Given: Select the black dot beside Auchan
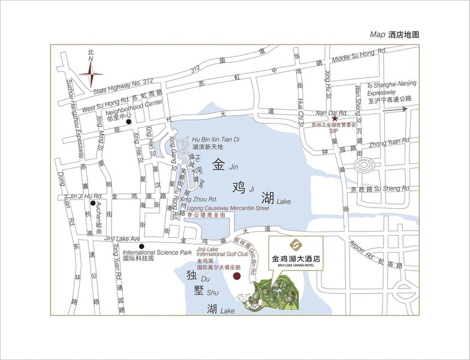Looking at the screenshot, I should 92,203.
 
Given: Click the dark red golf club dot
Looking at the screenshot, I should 237,276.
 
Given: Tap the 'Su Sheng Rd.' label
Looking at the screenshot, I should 392,189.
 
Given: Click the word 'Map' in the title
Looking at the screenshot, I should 378,35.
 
